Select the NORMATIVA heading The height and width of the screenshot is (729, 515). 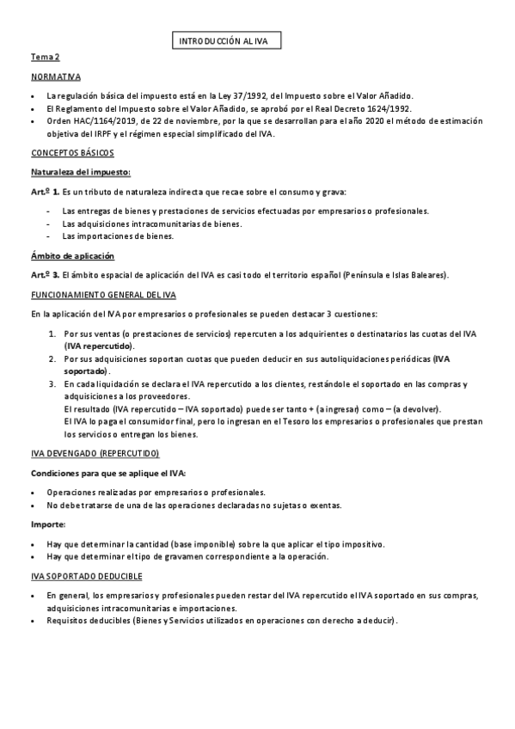(x=55, y=77)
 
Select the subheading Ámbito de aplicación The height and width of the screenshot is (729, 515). (x=72, y=257)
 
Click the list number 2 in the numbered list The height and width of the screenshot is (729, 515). (x=52, y=358)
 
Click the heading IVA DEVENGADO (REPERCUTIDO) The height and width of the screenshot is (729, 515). (x=95, y=453)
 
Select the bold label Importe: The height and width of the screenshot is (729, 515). (x=48, y=524)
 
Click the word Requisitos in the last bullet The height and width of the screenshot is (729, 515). (x=70, y=622)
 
